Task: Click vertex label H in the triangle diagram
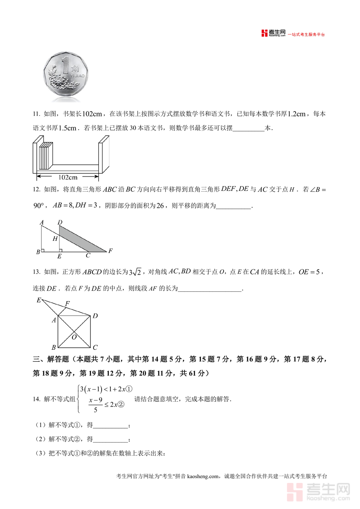[56, 239]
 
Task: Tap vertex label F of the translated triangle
[110, 251]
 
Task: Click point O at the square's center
[74, 337]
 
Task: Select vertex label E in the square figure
[39, 300]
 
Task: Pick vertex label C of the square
[95, 348]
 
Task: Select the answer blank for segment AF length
[210, 289]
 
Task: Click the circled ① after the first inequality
[130, 389]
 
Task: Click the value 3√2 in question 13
[135, 273]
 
